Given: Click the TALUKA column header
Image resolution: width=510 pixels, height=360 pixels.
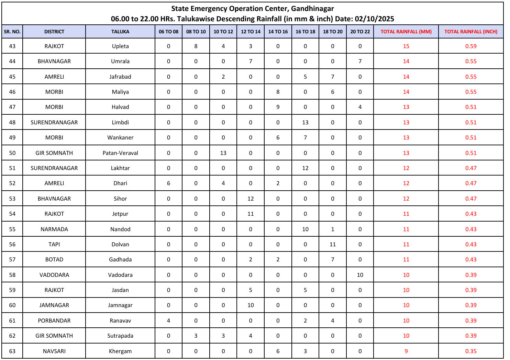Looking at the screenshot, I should point(120,32).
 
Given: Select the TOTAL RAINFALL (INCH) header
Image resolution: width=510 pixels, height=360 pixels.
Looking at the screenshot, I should point(470,32).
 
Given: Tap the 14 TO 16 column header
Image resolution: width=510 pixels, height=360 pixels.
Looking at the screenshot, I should point(278,32).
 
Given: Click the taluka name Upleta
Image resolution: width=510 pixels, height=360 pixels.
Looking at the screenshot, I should point(120,46).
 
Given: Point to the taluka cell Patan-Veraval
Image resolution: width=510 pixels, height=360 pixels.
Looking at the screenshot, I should point(120,153).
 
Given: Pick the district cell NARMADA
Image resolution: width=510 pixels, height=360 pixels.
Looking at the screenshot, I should point(54,229).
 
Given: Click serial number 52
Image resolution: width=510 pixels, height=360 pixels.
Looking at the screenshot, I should point(12,183).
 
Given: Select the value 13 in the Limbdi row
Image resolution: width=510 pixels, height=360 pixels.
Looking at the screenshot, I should point(305,122).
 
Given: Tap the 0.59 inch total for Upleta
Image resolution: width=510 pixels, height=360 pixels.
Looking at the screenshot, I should point(470,46).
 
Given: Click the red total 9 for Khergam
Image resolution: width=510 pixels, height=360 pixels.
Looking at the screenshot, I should point(406,351).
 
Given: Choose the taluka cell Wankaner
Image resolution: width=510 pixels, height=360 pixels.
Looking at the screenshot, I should point(120,137).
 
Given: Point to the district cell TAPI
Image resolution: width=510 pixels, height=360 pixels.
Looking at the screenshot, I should point(54,244).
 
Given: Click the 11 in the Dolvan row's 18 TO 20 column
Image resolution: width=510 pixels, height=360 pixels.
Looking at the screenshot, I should point(332,244).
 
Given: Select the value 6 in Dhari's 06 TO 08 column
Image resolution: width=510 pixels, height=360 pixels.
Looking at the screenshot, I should point(168,183).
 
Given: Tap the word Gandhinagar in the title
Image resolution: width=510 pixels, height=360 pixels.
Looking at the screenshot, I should point(312,9).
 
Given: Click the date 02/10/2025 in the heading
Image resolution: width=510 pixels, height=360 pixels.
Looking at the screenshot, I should point(374,19).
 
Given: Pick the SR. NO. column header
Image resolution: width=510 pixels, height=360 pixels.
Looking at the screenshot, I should point(12,32).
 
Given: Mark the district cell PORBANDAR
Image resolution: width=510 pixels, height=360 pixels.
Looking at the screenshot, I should point(54,320).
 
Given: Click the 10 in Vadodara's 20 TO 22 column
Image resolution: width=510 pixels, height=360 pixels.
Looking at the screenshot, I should point(360,275).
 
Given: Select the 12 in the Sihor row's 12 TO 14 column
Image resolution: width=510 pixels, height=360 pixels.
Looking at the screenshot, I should point(251,199).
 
